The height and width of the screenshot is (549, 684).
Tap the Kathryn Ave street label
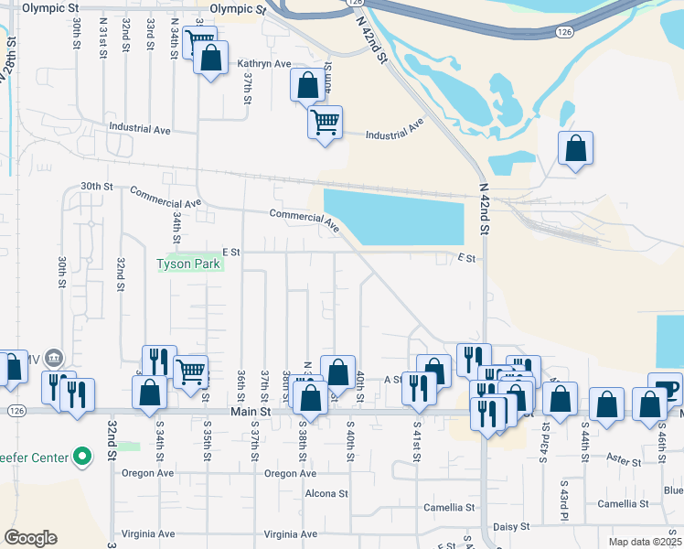pos(263,64)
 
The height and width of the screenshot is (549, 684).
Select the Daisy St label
pos(511,526)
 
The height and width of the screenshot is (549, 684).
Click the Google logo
pos(30,538)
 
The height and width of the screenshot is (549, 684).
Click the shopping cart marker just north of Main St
pos(190,371)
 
